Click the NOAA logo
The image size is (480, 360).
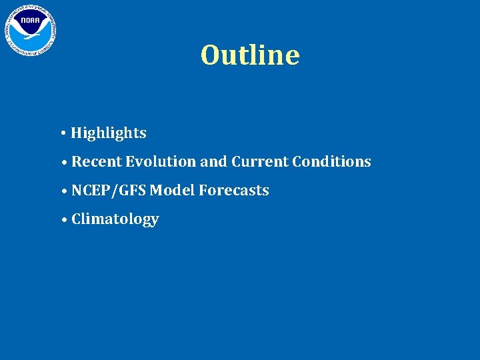coord(31,30)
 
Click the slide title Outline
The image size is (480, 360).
coord(250,55)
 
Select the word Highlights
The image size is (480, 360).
coord(109,133)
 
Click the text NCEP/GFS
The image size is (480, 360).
coord(109,191)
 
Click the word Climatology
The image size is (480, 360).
coord(115,219)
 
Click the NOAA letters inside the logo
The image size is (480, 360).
coord(30,21)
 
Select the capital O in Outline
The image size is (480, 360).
coord(211,55)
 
